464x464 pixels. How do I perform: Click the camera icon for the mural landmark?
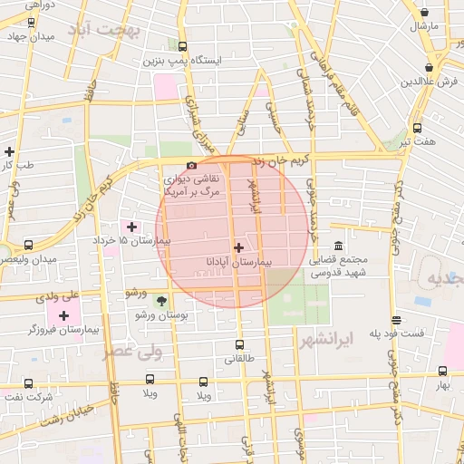[x=191, y=165]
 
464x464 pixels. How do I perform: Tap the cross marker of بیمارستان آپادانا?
[x=238, y=246]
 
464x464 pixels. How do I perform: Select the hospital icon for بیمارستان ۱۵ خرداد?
[x=132, y=227]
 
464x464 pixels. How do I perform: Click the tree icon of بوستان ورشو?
[x=161, y=300]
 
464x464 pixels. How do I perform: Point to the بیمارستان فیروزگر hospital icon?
[x=63, y=315]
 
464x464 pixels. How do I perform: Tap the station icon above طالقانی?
[x=239, y=344]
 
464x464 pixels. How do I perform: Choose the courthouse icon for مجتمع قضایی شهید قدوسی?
[x=339, y=246]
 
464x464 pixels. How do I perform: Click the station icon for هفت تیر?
[x=417, y=128]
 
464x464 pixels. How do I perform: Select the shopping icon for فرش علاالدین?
[x=429, y=67]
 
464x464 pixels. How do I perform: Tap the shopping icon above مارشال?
[x=426, y=11]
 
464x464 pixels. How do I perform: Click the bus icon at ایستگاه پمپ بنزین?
[x=183, y=47]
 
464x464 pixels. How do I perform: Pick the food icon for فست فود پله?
[x=396, y=320]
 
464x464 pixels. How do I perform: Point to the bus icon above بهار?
[x=442, y=372]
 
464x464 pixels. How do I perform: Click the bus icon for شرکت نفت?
[x=29, y=383]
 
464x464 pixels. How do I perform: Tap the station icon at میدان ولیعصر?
[x=29, y=245]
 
